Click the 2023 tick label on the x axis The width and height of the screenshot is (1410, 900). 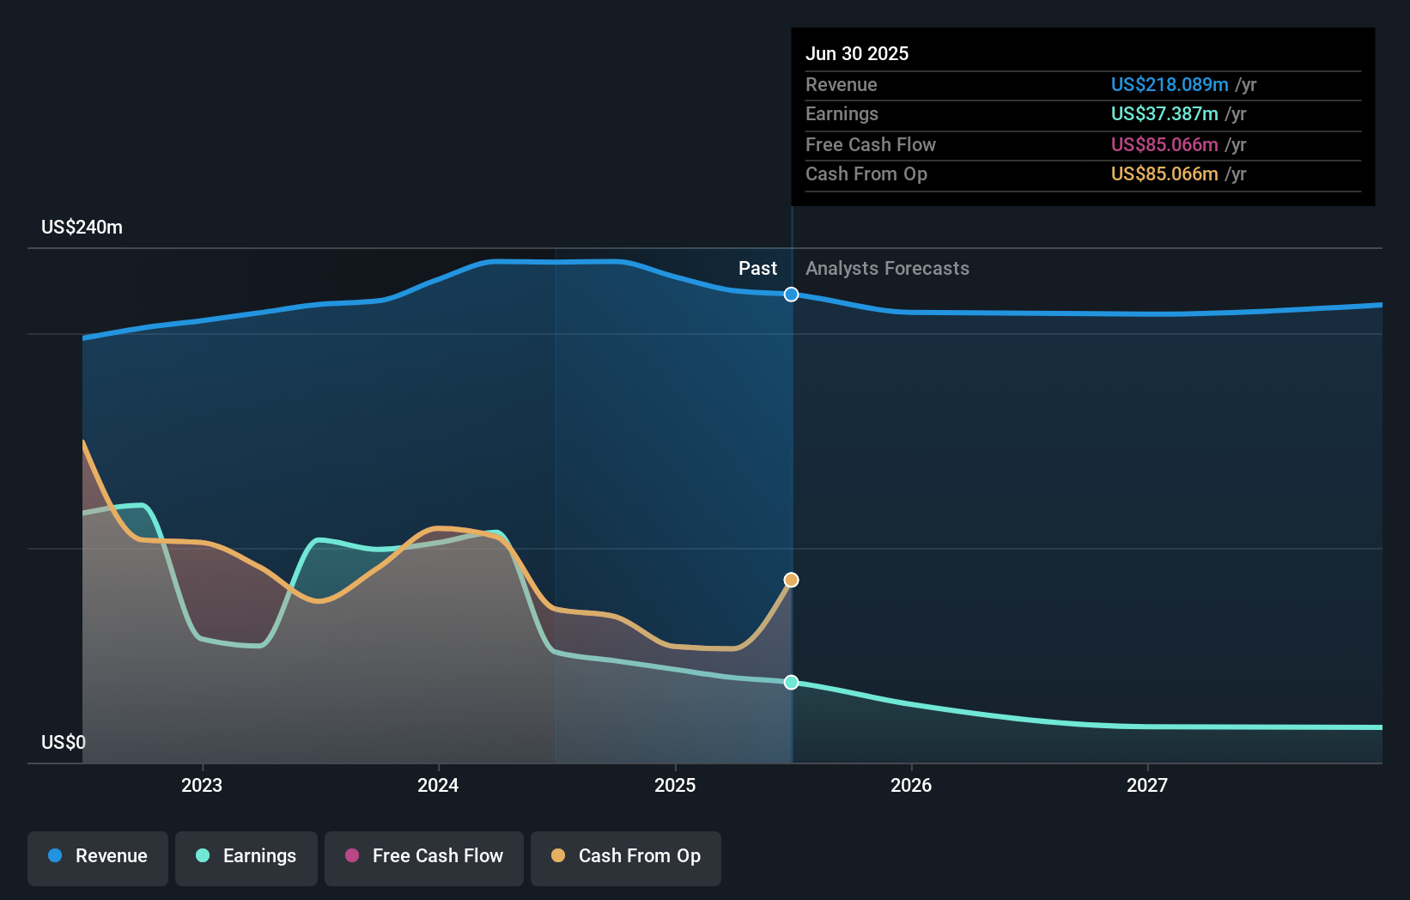coord(202,785)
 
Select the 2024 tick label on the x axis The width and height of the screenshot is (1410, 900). coord(438,785)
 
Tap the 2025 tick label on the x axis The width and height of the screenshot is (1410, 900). coord(675,785)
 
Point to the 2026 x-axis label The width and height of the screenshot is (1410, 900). coord(911,785)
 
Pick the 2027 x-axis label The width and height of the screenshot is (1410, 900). coord(1147,785)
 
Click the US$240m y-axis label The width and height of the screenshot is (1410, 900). coord(82,228)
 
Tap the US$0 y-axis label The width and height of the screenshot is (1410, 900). coord(64,742)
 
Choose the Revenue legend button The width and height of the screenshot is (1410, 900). coord(98,856)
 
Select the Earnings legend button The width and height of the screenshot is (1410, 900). coord(246,856)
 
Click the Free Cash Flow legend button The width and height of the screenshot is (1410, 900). coord(424,856)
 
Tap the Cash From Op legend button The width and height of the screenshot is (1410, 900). coord(626,856)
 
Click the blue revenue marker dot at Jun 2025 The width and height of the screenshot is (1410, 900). coord(792,295)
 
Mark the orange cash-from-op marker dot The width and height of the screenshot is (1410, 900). coord(792,581)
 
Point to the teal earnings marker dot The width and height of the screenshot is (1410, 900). coord(792,683)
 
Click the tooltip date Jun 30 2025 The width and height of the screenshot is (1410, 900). coord(857,53)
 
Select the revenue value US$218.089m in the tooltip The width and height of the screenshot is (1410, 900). coord(1170,84)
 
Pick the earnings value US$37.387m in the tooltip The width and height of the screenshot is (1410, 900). coord(1164,113)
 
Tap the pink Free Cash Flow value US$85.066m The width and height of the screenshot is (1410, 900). coord(1164,144)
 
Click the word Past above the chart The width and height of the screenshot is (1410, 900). coord(757,269)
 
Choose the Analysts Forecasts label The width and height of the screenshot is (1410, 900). coord(887,269)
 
